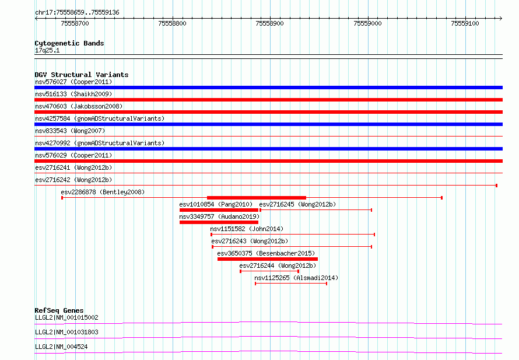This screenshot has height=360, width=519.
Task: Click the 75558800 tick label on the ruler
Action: pyautogui.click(x=172, y=23)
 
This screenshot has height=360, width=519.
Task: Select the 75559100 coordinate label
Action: pyautogui.click(x=465, y=23)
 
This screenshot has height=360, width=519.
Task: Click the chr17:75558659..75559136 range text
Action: pyautogui.click(x=77, y=13)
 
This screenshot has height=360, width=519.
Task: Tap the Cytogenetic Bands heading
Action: pyautogui.click(x=69, y=43)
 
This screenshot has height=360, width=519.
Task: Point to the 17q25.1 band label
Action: pyautogui.click(x=47, y=50)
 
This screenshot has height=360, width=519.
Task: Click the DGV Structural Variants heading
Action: pyautogui.click(x=82, y=75)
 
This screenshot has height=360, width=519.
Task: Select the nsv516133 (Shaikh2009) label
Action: pyautogui.click(x=73, y=94)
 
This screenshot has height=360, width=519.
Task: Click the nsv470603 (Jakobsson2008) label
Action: pyautogui.click(x=79, y=106)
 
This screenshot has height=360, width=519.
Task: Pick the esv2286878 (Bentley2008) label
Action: pyautogui.click(x=103, y=192)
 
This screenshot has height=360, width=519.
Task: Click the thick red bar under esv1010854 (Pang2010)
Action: pyautogui.click(x=219, y=210)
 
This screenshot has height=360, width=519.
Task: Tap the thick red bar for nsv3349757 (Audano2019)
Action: pyautogui.click(x=219, y=222)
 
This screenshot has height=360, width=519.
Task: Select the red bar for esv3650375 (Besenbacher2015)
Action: pyautogui.click(x=268, y=259)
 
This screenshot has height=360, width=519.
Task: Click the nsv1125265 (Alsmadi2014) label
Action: pyautogui.click(x=296, y=278)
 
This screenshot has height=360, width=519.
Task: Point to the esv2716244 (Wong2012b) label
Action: pyautogui.click(x=278, y=265)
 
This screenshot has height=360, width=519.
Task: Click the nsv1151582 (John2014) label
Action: pyautogui.click(x=247, y=229)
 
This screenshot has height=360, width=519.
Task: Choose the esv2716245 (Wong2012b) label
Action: pyautogui.click(x=297, y=204)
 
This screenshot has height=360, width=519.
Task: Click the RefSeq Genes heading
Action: pyautogui.click(x=59, y=310)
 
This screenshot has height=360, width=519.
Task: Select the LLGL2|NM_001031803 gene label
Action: pyautogui.click(x=66, y=332)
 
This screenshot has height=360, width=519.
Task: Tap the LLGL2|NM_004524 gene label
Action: pyautogui.click(x=61, y=347)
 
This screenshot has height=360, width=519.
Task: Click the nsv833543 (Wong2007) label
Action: pyautogui.click(x=70, y=131)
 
